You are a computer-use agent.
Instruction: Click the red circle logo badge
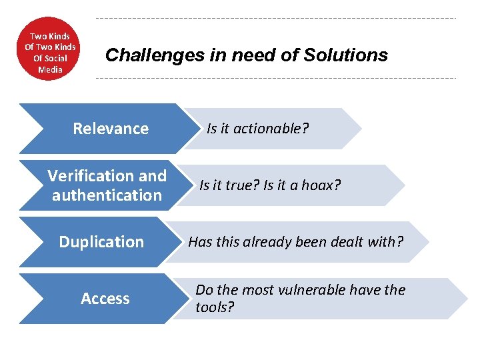click(50, 48)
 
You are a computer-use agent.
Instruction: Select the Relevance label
click(111, 129)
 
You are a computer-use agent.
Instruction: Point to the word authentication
click(107, 195)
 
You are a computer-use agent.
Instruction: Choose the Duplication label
click(101, 242)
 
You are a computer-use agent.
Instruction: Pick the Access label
click(105, 299)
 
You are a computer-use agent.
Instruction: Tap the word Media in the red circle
click(51, 69)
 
